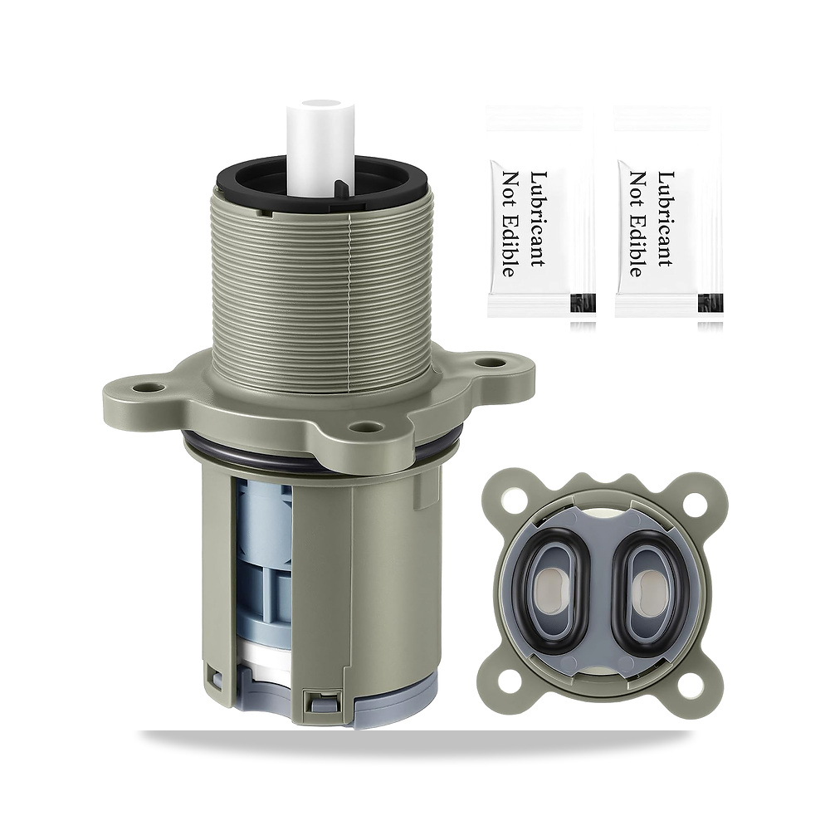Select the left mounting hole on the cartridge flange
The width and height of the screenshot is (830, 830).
pos(144,388)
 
